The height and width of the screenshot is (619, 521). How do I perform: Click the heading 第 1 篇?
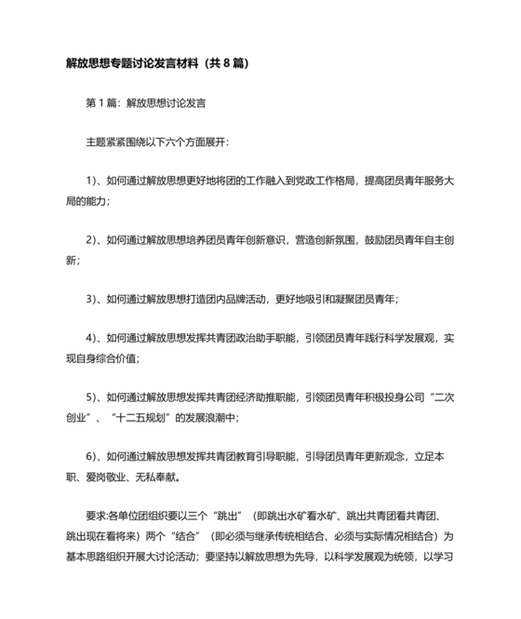(103, 103)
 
